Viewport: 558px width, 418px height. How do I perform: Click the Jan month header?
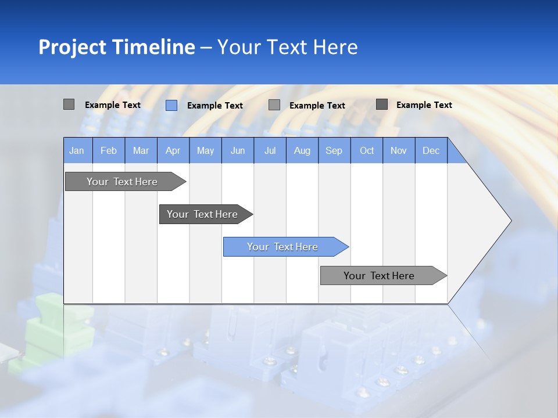pyautogui.click(x=77, y=150)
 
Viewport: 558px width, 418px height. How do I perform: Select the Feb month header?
pyautogui.click(x=109, y=150)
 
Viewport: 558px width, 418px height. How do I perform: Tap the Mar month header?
pyautogui.click(x=141, y=150)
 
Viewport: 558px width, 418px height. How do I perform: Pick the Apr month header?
pyautogui.click(x=173, y=150)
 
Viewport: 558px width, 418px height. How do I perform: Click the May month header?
pyautogui.click(x=205, y=150)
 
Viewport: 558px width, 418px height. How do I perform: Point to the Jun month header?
pyautogui.click(x=238, y=150)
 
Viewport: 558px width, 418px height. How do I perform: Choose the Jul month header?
pyautogui.click(x=270, y=150)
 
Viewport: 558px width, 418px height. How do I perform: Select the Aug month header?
pyautogui.click(x=302, y=150)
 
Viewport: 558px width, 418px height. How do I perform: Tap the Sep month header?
pyautogui.click(x=334, y=150)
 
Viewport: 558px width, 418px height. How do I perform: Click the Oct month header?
pyautogui.click(x=367, y=150)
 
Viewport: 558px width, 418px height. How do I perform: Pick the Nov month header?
pyautogui.click(x=399, y=150)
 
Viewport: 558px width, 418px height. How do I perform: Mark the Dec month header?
pyautogui.click(x=431, y=150)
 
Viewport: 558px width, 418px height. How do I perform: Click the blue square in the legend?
pyautogui.click(x=171, y=105)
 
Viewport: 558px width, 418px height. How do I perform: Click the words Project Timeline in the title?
pyautogui.click(x=117, y=47)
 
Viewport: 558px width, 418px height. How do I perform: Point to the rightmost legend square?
pyautogui.click(x=382, y=105)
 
